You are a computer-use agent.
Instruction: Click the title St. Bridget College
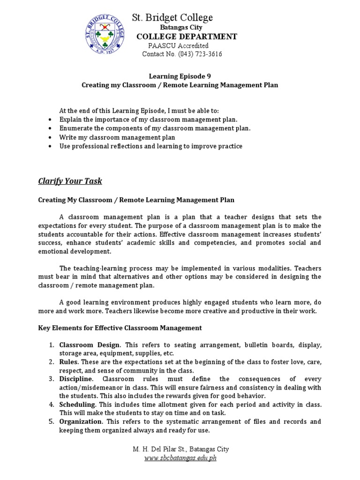click(x=172, y=17)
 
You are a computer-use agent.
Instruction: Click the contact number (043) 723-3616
click(x=200, y=54)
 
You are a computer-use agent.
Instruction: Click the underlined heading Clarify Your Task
click(x=70, y=181)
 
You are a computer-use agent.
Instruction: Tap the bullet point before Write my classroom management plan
click(x=50, y=137)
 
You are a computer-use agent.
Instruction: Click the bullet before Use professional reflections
click(x=50, y=146)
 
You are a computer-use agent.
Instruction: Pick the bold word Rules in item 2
click(x=68, y=362)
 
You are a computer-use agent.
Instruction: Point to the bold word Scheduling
click(x=77, y=404)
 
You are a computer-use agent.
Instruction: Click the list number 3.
click(x=52, y=379)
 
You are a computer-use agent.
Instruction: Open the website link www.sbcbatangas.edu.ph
click(x=180, y=458)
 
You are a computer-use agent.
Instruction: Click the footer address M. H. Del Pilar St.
click(x=159, y=449)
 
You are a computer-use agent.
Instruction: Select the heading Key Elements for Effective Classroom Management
click(x=120, y=328)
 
